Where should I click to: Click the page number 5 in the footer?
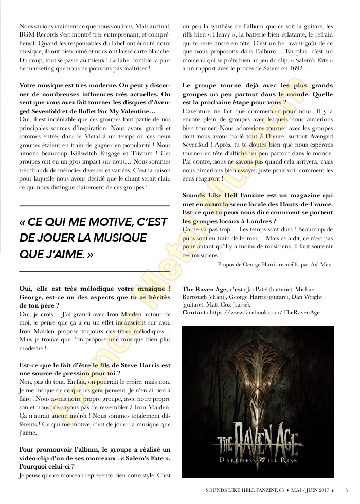point(347,490)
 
